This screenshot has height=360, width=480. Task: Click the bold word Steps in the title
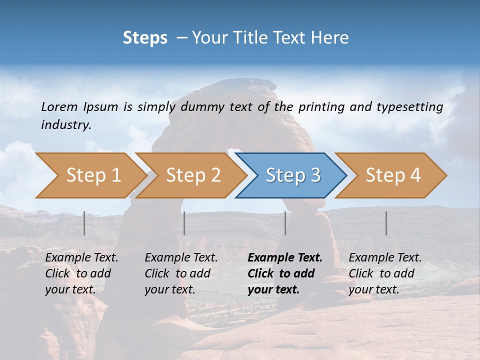(145, 38)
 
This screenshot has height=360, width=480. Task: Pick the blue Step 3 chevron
(291, 175)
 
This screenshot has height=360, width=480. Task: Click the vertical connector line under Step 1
(84, 223)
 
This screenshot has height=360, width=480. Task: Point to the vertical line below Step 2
(184, 223)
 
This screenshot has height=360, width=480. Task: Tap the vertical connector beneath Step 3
(285, 223)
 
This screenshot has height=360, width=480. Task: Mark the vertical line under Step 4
(386, 223)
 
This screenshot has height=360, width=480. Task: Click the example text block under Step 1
(81, 273)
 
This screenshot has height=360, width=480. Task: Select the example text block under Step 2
(181, 273)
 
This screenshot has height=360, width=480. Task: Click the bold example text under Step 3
(284, 273)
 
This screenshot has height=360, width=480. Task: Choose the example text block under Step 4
(384, 273)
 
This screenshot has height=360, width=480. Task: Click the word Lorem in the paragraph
(59, 106)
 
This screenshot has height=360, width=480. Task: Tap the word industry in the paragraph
(65, 124)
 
